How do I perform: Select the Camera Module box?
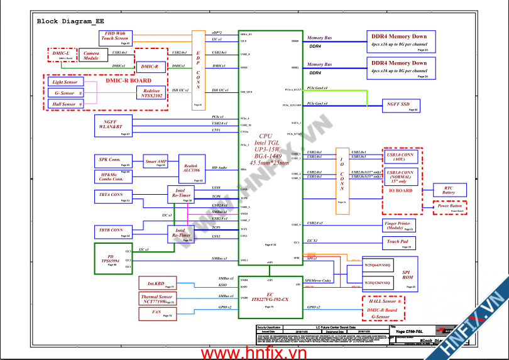pos(92,56)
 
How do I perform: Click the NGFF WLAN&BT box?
pos(112,124)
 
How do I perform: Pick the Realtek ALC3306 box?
pos(192,168)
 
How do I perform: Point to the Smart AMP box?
pos(156,161)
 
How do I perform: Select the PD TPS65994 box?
pos(111,259)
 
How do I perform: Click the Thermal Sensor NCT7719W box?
pos(156,299)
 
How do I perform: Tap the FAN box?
pos(156,312)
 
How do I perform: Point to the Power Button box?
pos(451,206)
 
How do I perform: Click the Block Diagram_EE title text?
pos(70,21)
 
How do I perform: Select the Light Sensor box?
pos(65,82)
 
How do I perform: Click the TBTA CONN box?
pos(112,196)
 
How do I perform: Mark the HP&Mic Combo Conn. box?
pos(112,177)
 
